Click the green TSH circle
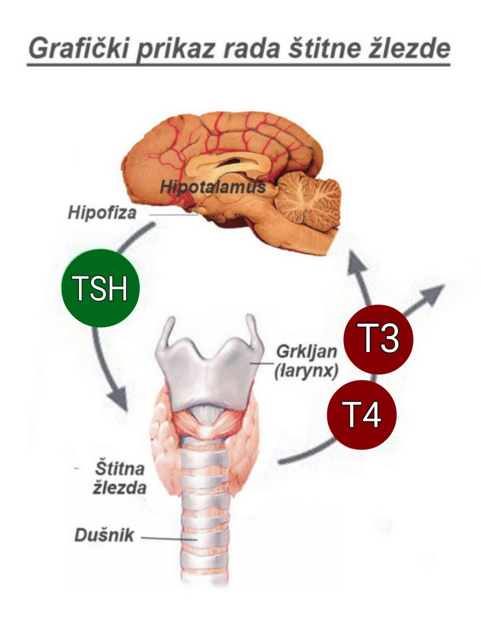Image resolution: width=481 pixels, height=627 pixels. pos(100,288)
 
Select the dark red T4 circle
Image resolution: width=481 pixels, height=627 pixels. pos(362,414)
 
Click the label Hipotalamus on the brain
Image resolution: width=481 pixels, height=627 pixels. pos(213,187)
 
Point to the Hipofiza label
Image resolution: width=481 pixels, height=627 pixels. pos(102,213)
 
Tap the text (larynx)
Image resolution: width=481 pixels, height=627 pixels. pos(306,370)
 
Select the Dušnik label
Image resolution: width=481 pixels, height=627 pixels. pos(104,535)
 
